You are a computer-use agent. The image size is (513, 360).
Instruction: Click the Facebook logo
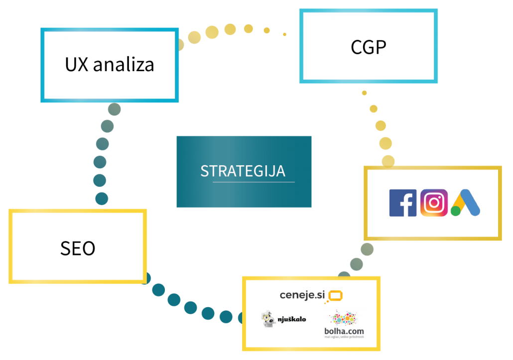point(403,203)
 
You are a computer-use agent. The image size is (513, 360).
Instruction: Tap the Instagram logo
point(434,203)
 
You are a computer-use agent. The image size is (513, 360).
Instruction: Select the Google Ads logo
point(465,203)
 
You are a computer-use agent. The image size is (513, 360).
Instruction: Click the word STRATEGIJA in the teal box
point(243,171)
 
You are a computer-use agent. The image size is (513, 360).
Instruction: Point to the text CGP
point(369,47)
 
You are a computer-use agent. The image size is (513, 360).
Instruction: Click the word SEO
point(78,248)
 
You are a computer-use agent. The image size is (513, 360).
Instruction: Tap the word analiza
point(124,65)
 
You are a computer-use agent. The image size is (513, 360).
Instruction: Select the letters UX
point(76,65)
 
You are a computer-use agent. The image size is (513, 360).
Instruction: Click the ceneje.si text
point(302,295)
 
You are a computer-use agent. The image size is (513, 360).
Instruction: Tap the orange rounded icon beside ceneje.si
point(335,296)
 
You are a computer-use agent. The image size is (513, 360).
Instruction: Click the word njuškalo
point(292,319)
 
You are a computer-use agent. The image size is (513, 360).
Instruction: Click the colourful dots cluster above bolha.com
point(343,318)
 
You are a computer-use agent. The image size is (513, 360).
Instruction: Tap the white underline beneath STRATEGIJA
point(254,182)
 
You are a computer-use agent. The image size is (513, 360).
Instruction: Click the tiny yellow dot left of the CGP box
point(285,34)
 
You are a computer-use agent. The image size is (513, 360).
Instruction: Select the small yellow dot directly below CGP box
point(365,93)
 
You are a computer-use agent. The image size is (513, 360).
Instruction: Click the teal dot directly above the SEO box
point(102,199)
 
